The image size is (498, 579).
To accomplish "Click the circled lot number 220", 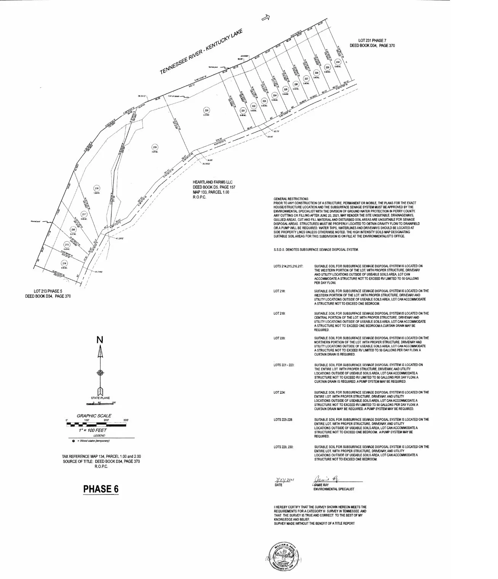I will click(207, 110).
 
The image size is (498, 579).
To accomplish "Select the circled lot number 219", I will click(155, 147).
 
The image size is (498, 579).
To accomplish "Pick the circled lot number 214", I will click(64, 263).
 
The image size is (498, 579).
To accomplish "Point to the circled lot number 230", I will click(337, 62).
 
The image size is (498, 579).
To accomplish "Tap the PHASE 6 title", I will click(101, 489).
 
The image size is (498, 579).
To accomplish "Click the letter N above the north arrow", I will click(100, 340).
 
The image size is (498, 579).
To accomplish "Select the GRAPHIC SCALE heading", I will click(94, 416).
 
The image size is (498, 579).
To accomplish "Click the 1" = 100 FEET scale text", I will click(90, 430).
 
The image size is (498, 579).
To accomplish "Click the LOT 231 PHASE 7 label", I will click(372, 40).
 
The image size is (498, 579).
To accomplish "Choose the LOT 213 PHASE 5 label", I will click(48, 291).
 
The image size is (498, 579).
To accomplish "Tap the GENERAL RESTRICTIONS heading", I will click(291, 199).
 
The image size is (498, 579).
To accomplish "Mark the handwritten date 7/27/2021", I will click(285, 480).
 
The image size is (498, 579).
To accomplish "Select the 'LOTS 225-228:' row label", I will click(283, 420).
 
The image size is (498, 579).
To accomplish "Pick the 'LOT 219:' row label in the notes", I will click(279, 313).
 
